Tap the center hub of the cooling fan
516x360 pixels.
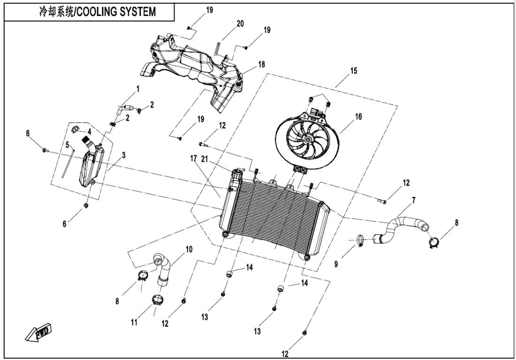pos(307,139)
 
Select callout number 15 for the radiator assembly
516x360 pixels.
pos(354,71)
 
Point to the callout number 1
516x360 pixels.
pos(138,88)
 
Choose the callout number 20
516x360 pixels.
pos(240,24)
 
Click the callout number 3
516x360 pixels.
pos(123,155)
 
